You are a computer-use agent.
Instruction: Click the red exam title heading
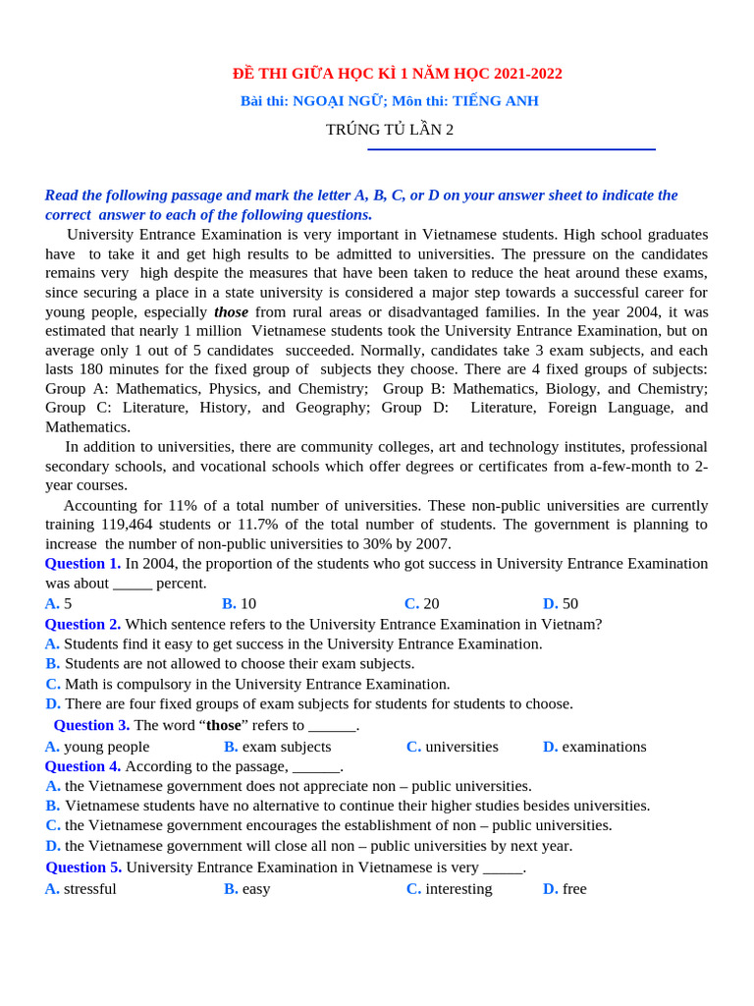397,74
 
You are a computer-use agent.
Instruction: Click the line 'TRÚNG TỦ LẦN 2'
390,130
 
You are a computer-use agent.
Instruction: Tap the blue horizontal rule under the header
511,149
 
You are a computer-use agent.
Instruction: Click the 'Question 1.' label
82,564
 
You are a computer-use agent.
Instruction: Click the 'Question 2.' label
82,624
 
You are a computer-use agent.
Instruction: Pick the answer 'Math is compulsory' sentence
257,684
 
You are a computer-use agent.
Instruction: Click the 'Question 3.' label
91,725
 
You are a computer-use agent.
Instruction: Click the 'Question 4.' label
82,766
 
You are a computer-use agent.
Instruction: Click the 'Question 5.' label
83,867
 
